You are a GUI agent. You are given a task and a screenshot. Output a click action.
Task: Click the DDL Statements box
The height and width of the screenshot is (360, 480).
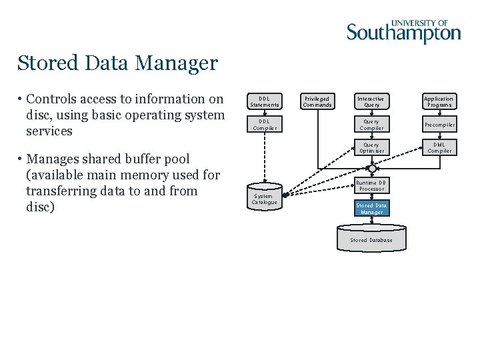(264, 101)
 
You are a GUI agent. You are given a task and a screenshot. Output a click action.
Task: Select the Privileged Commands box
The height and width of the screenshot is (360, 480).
(317, 101)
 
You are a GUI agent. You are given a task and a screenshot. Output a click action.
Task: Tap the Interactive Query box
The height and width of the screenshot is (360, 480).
(371, 101)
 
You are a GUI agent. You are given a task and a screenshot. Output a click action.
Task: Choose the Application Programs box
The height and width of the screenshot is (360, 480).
(439, 101)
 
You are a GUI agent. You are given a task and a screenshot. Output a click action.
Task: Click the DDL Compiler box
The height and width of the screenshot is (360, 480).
(264, 125)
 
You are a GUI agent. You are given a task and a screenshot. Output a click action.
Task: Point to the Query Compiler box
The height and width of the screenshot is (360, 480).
(371, 125)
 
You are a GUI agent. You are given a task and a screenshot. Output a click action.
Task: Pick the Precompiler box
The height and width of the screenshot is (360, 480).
(439, 125)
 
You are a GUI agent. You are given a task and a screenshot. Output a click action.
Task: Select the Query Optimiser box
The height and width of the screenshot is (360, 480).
(371, 147)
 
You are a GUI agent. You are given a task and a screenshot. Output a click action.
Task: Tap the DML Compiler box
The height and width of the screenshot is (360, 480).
(439, 147)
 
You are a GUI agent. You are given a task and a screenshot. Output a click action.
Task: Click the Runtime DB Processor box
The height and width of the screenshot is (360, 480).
(371, 185)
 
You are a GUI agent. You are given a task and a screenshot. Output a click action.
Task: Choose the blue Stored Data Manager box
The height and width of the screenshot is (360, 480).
(371, 209)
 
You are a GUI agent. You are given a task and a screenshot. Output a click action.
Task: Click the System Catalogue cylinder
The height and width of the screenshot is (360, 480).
(264, 198)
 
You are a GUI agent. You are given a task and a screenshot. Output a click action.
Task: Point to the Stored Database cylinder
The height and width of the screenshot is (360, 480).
(371, 240)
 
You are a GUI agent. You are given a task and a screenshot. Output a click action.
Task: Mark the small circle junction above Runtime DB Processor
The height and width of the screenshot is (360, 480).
(372, 169)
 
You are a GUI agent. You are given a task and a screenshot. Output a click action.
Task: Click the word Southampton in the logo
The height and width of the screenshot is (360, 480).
(403, 33)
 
